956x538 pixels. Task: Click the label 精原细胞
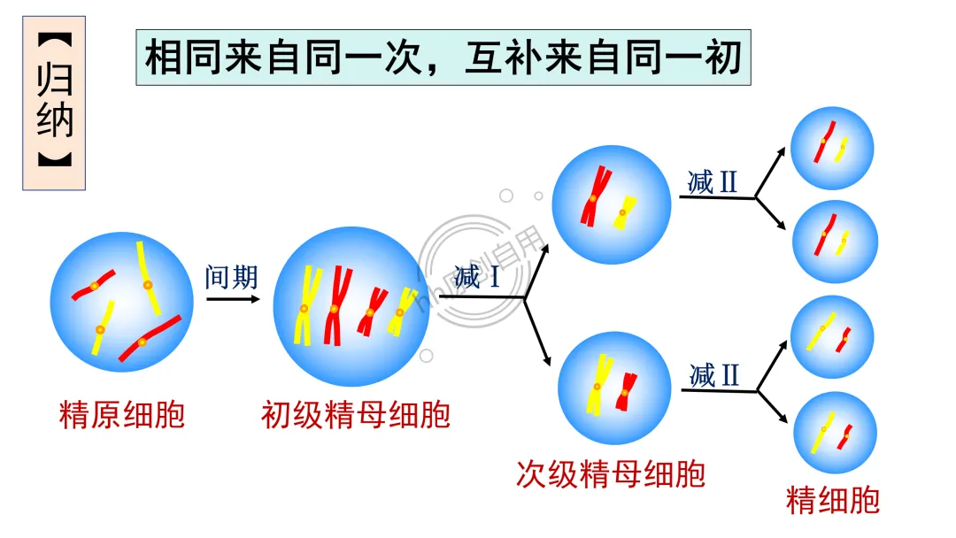pyautogui.click(x=121, y=414)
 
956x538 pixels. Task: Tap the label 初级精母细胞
pyautogui.click(x=356, y=414)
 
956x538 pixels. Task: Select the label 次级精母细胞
pyautogui.click(x=611, y=474)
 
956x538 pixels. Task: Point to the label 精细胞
pyautogui.click(x=833, y=501)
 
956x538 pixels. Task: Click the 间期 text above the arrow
pyautogui.click(x=231, y=277)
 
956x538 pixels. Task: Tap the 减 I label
pyautogui.click(x=477, y=277)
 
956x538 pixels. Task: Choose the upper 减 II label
pyautogui.click(x=713, y=182)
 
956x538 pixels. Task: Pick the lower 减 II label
pyautogui.click(x=713, y=375)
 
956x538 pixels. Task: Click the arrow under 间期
pyautogui.click(x=234, y=299)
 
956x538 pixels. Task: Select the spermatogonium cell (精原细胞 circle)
pyautogui.click(x=121, y=305)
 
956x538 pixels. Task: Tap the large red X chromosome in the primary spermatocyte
pyautogui.click(x=335, y=305)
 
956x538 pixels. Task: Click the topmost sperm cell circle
pyautogui.click(x=832, y=148)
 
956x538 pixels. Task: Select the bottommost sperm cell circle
pyautogui.click(x=835, y=434)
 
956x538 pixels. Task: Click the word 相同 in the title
pyautogui.click(x=179, y=58)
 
